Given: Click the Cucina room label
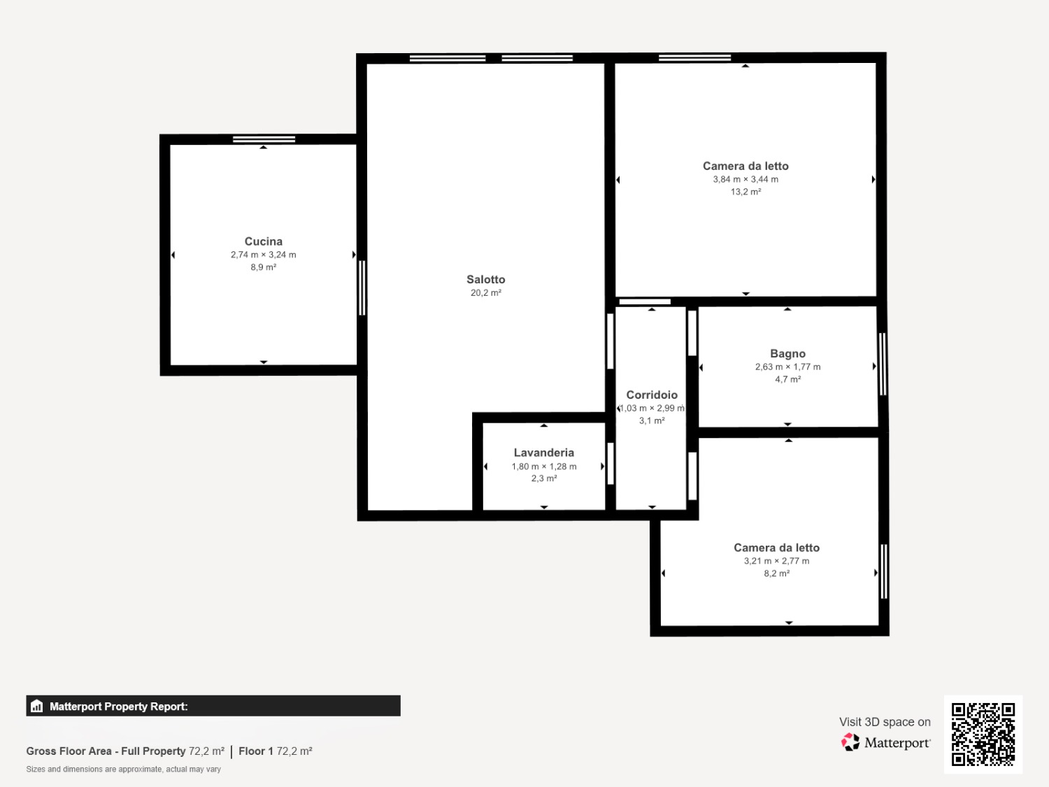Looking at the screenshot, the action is click(x=264, y=241).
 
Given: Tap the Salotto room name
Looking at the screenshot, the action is click(x=485, y=279).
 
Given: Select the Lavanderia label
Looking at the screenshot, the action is click(x=544, y=453).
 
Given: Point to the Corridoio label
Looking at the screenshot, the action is click(x=652, y=395).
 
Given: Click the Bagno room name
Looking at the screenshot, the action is click(x=787, y=353).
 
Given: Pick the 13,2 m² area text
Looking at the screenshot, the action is click(x=745, y=192).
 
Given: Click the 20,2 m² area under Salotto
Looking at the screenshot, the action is click(x=485, y=292).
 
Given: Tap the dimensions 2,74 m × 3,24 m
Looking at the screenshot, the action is click(x=264, y=255).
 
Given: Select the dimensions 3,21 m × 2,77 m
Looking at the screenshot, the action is click(x=776, y=561).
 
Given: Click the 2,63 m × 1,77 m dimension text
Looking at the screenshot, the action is click(x=787, y=367).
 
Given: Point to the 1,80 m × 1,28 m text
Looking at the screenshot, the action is click(x=544, y=467).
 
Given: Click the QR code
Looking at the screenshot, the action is click(x=983, y=734).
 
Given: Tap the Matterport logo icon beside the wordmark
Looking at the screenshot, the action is click(x=850, y=742).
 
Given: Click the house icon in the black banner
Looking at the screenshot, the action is click(x=37, y=706).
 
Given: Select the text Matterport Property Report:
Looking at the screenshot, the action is click(x=118, y=707).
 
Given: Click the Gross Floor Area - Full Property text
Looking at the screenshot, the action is click(x=106, y=751).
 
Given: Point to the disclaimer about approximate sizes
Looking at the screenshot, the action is click(x=123, y=769).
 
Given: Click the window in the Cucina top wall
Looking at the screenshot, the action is click(x=264, y=139).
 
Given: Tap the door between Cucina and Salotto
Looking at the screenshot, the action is click(x=362, y=288).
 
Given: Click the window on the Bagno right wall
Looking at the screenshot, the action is click(x=883, y=364).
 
